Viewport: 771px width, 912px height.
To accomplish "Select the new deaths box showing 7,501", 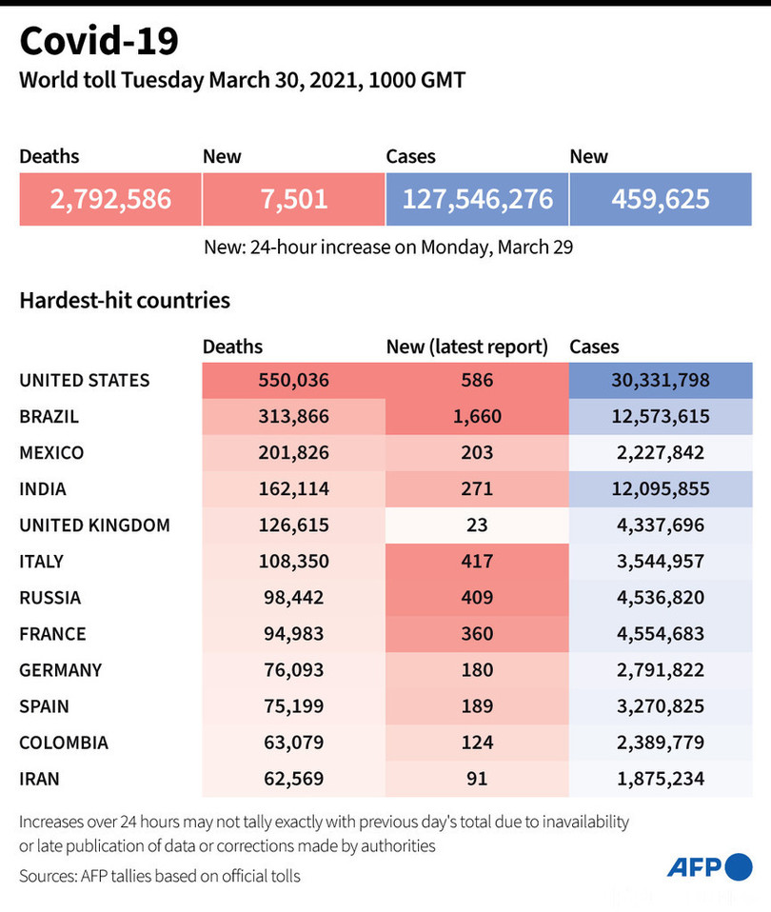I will pos(293,199).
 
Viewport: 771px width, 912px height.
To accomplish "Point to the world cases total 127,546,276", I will pos(477,199).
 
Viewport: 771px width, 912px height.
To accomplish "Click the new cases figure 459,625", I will pos(661,199).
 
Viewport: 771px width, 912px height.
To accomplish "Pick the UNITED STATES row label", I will pos(85,380).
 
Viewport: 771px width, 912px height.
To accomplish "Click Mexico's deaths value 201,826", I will pos(293,452).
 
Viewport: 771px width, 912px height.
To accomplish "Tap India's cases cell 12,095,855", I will pos(660,488).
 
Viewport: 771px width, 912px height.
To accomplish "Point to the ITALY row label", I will pos(41,561).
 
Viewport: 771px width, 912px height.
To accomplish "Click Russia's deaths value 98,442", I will pos(293,597).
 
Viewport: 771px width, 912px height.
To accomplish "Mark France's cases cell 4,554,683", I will pos(660,633).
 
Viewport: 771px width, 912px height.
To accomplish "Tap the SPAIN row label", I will pos(44,705).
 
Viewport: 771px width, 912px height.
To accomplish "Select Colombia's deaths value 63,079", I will pos(293,742).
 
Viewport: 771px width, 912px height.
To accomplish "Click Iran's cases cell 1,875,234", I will pos(660,778).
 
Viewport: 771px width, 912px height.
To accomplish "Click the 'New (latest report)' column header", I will pos(467,347).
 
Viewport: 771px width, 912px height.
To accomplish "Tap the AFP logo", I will pos(709,866).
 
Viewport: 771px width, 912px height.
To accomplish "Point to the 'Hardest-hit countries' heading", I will pos(125,301).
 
